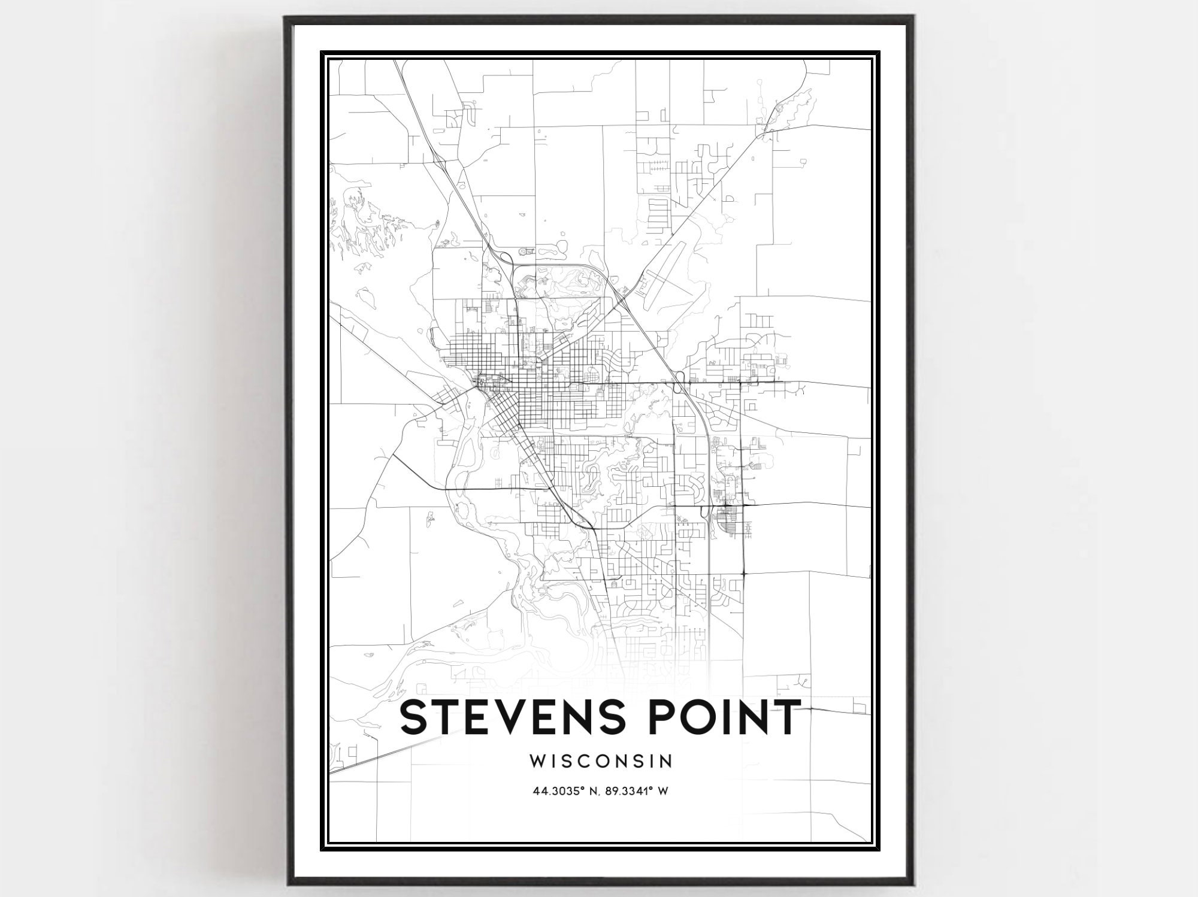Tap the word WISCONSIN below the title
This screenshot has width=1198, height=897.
point(600,760)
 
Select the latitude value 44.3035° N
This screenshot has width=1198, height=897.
point(565,791)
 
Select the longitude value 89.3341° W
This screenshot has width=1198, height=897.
point(637,791)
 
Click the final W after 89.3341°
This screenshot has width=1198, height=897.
point(663,791)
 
